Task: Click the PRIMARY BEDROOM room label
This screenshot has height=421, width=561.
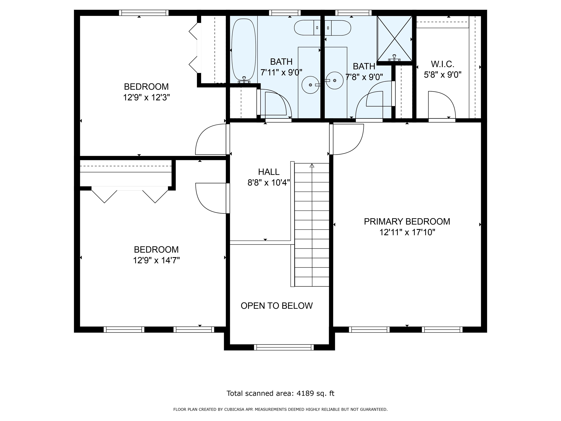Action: click(x=407, y=221)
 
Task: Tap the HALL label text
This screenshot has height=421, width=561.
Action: click(x=269, y=172)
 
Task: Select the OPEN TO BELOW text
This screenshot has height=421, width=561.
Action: click(x=277, y=306)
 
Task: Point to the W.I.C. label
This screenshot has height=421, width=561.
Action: click(x=442, y=64)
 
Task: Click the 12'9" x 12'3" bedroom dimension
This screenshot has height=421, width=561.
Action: click(x=146, y=97)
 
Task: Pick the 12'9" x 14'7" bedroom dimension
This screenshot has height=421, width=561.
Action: click(x=157, y=260)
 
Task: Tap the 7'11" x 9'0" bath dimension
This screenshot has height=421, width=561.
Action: click(x=281, y=73)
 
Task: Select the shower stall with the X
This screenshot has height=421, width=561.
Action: click(x=394, y=39)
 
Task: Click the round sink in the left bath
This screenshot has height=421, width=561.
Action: click(x=310, y=85)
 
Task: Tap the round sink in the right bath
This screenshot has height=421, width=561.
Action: click(x=335, y=80)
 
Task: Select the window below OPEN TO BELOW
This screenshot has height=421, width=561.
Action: click(x=284, y=347)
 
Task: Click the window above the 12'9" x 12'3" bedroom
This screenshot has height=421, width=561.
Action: click(x=144, y=13)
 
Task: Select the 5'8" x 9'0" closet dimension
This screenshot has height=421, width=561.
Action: click(x=442, y=75)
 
